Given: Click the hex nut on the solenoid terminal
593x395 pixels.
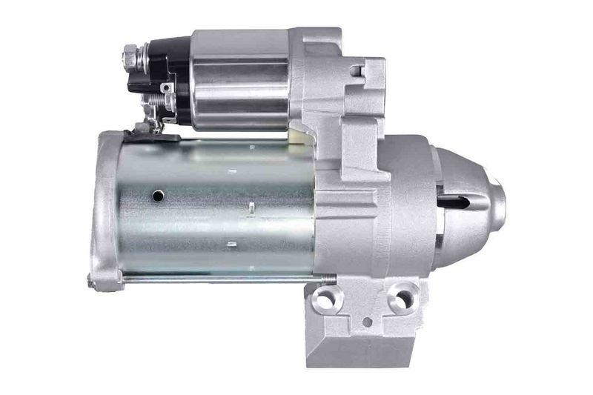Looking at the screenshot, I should click(130, 54).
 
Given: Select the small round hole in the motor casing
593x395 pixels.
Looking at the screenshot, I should click(157, 196).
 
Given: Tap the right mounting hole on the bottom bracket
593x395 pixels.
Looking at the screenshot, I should click(401, 299).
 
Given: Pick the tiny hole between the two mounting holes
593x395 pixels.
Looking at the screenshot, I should click(367, 322).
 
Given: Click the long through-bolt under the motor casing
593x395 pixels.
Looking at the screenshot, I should click(222, 278).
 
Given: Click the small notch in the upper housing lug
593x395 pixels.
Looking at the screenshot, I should click(357, 71).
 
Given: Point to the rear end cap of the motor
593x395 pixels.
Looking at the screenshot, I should click(104, 208).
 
